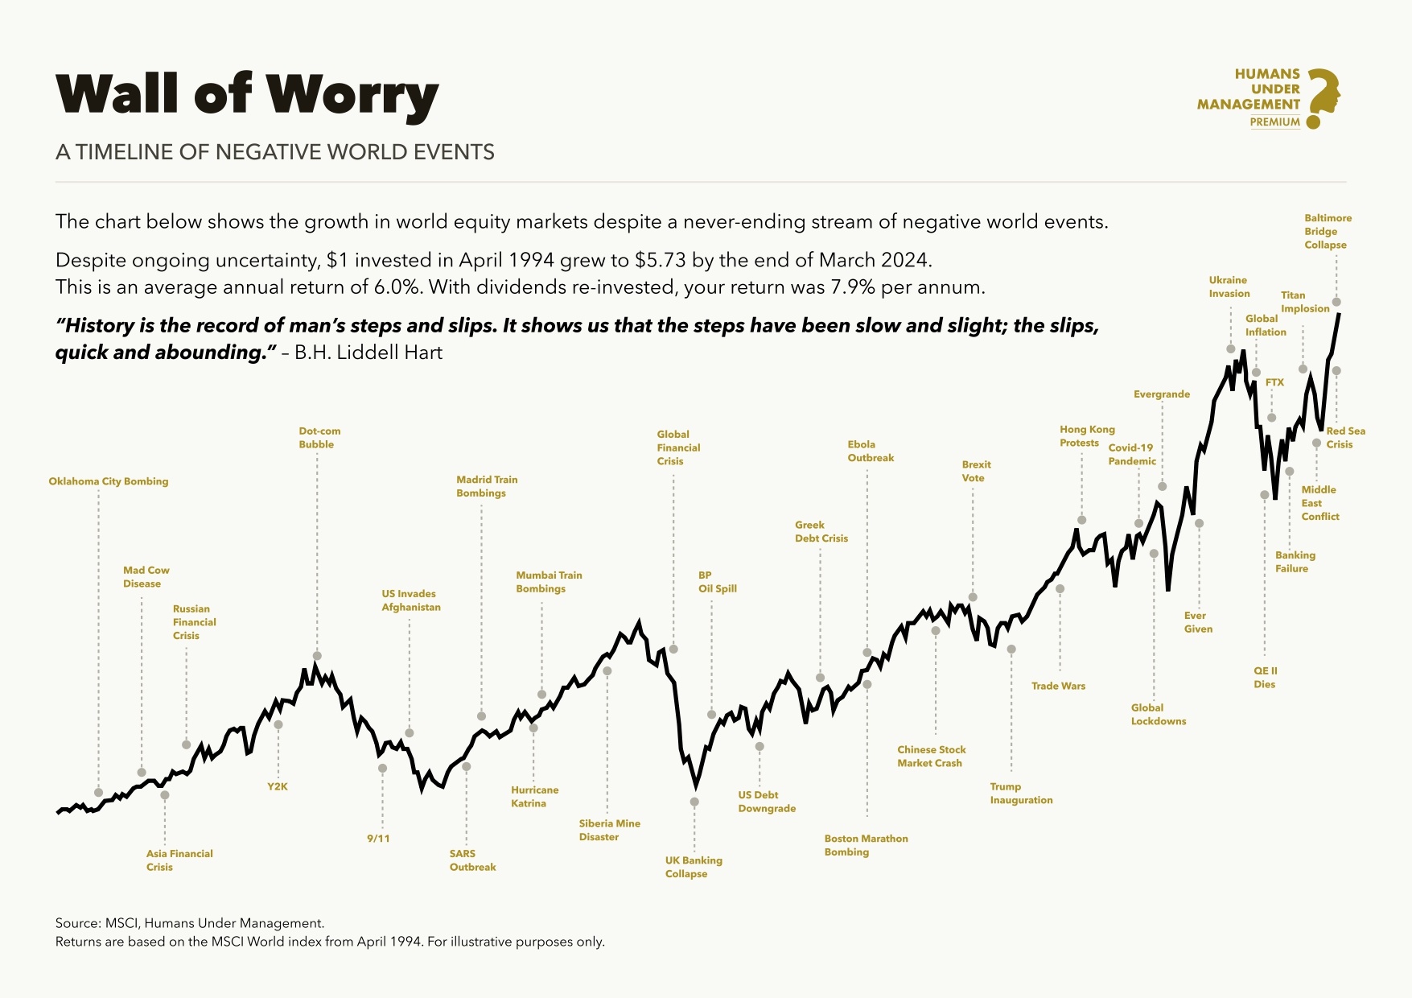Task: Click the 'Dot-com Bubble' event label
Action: point(319,438)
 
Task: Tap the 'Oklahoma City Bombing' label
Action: point(109,481)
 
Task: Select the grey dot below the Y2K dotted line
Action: point(278,724)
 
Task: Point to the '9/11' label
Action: point(378,839)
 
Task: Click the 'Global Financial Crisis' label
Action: point(678,447)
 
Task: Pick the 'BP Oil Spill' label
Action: point(717,582)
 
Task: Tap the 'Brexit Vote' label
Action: point(976,471)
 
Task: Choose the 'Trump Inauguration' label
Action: point(1021,794)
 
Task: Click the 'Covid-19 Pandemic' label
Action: point(1131,455)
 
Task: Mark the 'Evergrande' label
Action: point(1161,394)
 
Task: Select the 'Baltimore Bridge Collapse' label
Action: point(1328,231)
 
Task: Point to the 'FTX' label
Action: point(1274,382)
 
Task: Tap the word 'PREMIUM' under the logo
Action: point(1274,122)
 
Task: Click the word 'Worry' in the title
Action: point(352,94)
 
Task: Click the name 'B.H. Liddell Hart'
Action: point(368,353)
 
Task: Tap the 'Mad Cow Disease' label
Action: point(146,577)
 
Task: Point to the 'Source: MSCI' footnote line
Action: point(190,923)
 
